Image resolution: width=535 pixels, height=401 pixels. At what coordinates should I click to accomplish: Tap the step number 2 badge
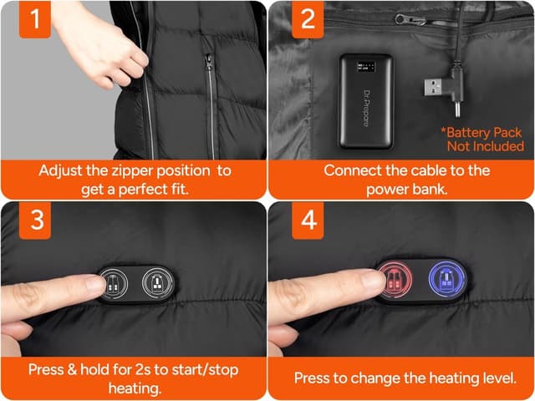coord(307,19)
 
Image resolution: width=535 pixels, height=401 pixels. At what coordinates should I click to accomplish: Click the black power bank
coord(365,100)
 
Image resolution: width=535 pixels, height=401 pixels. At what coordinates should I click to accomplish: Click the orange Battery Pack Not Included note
coord(482,140)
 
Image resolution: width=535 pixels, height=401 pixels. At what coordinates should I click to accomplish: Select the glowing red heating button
coord(393,283)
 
